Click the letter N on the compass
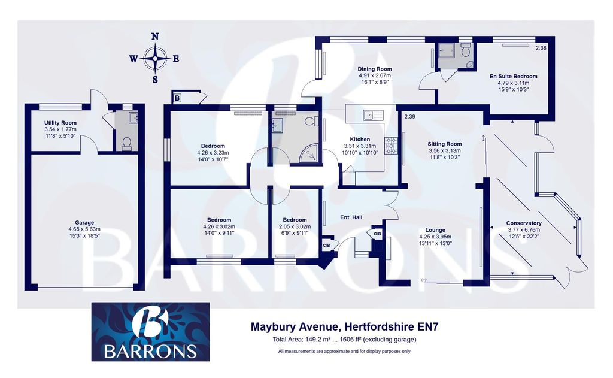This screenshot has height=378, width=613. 155,37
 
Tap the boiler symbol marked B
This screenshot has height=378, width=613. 177,98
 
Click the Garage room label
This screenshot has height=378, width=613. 84,223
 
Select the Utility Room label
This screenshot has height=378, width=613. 60,122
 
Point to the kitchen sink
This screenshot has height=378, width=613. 373,114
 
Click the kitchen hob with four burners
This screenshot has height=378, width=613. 392,145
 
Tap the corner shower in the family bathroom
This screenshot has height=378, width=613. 309,153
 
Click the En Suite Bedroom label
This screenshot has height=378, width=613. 513,76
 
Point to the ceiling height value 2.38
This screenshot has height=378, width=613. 541,48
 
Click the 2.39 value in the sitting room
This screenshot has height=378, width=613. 409,117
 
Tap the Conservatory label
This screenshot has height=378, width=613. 523,223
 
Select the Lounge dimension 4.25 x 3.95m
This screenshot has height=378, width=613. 435,237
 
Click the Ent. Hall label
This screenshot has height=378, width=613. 351,217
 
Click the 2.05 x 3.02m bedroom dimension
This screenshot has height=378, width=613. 295,226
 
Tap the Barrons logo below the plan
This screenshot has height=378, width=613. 150,331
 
